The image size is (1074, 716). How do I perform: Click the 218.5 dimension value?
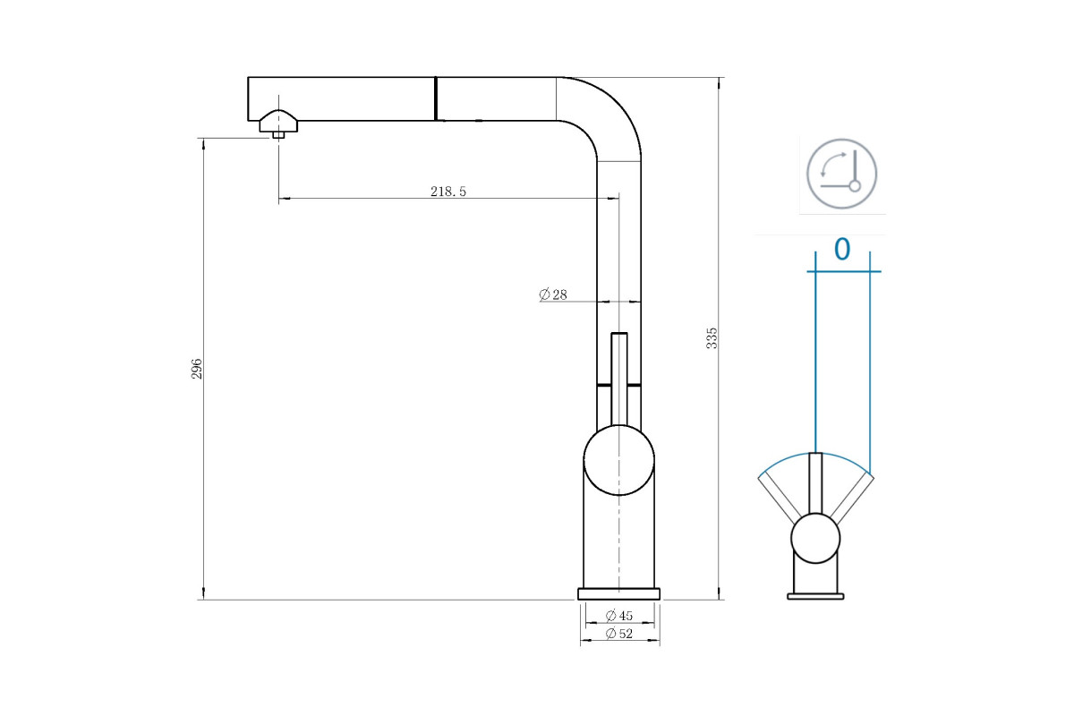[x=447, y=192]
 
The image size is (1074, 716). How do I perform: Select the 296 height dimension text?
[x=197, y=369]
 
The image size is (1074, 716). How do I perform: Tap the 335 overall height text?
[x=712, y=338]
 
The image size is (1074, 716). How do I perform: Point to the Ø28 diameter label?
[x=553, y=294]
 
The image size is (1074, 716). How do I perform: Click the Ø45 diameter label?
[x=619, y=615]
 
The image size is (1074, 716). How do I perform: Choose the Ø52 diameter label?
[x=619, y=634]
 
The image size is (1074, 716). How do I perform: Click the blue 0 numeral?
[x=842, y=250]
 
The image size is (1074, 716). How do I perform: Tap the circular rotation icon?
[x=841, y=174]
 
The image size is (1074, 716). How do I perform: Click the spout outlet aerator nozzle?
[x=278, y=124]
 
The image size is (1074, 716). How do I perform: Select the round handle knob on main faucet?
[x=619, y=460]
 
